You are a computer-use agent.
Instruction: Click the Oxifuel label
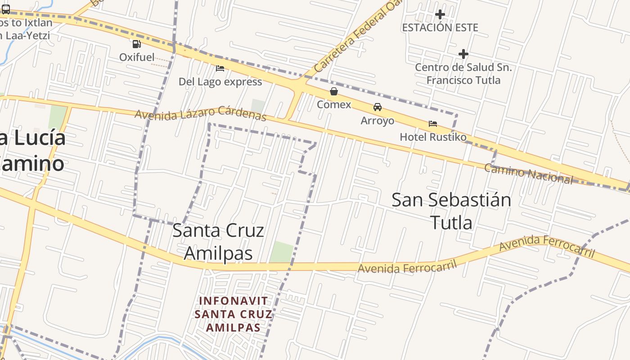click(137, 57)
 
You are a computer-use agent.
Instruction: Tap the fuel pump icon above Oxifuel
click(137, 44)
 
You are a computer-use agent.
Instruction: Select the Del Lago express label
click(220, 81)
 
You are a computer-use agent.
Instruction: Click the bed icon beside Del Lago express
click(220, 68)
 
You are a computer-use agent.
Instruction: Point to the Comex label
click(334, 104)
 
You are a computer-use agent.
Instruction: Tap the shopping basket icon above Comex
click(334, 92)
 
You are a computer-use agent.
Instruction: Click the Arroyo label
click(378, 121)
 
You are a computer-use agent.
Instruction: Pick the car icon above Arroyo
click(378, 107)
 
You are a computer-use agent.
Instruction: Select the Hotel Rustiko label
click(433, 137)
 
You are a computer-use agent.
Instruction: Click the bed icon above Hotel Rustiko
click(433, 123)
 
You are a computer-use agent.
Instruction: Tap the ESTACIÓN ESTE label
click(440, 27)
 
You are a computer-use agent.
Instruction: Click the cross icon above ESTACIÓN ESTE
click(440, 15)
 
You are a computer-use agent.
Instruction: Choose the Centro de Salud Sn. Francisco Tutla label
click(463, 74)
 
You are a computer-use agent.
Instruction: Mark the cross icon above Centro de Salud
click(463, 54)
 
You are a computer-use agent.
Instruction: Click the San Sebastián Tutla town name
click(451, 211)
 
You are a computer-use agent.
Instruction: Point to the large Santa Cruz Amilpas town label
click(218, 242)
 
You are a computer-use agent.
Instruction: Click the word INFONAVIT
click(234, 301)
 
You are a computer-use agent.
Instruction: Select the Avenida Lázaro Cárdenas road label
click(201, 113)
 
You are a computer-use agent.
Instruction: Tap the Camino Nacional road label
click(528, 174)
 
